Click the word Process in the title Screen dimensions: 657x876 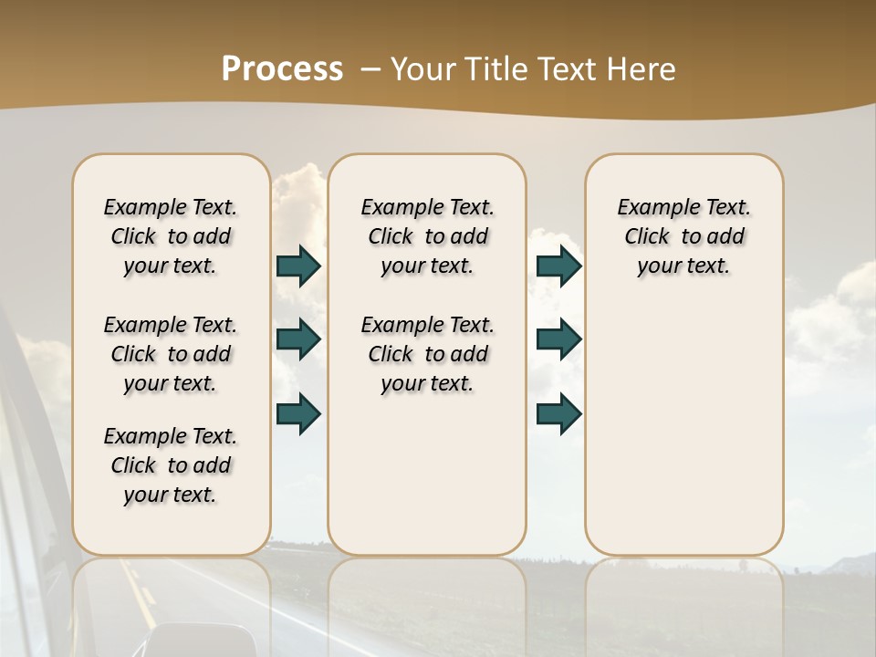click(282, 69)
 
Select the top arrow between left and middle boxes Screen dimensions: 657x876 click(298, 266)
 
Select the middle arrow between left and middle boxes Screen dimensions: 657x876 click(298, 339)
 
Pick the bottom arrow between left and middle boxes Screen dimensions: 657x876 click(298, 414)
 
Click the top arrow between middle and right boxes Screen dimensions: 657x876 click(558, 266)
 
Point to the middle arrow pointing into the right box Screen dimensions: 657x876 click(558, 339)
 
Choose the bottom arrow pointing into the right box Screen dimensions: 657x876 click(558, 414)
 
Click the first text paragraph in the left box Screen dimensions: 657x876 click(171, 236)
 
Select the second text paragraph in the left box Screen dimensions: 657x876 click(171, 354)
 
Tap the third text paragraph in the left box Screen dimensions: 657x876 click(171, 465)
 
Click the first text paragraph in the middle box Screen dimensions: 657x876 click(427, 236)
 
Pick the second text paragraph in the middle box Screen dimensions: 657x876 click(427, 354)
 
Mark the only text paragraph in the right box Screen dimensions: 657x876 click(683, 236)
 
